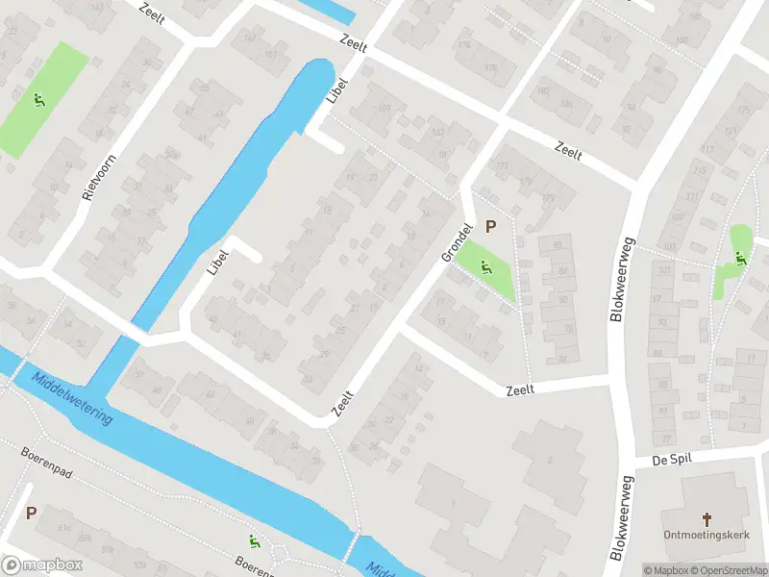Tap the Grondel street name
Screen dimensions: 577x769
coord(458,243)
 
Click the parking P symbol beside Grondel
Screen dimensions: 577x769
coord(491,227)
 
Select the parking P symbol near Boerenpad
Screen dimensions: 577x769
coord(31,514)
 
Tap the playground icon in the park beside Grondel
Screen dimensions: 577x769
coord(484,266)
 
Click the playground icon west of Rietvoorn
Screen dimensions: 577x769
coord(38,99)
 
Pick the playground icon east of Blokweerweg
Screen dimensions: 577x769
coord(740,257)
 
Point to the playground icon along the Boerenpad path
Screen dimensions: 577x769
coord(255,540)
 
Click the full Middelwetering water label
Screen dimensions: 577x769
coord(72,398)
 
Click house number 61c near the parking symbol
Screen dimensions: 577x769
coord(65,528)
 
